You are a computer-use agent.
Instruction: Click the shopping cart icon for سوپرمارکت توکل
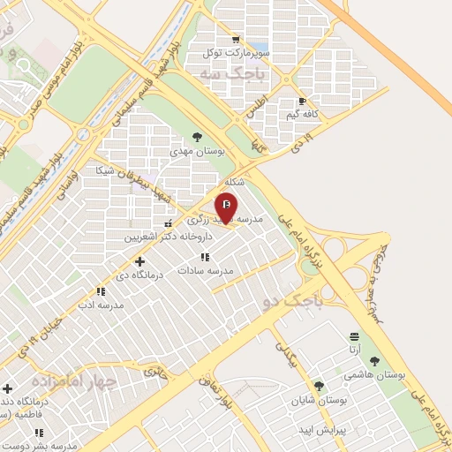(x=234, y=39)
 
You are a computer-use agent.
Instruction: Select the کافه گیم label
(x=303, y=115)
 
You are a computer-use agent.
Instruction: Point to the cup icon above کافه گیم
(x=303, y=102)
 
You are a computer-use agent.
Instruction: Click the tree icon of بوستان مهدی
(x=197, y=138)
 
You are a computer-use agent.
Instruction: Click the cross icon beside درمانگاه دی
(x=139, y=261)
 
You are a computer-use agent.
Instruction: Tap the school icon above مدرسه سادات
(x=206, y=257)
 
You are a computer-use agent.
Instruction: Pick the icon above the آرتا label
(x=355, y=337)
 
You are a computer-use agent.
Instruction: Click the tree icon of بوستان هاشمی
(x=374, y=361)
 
